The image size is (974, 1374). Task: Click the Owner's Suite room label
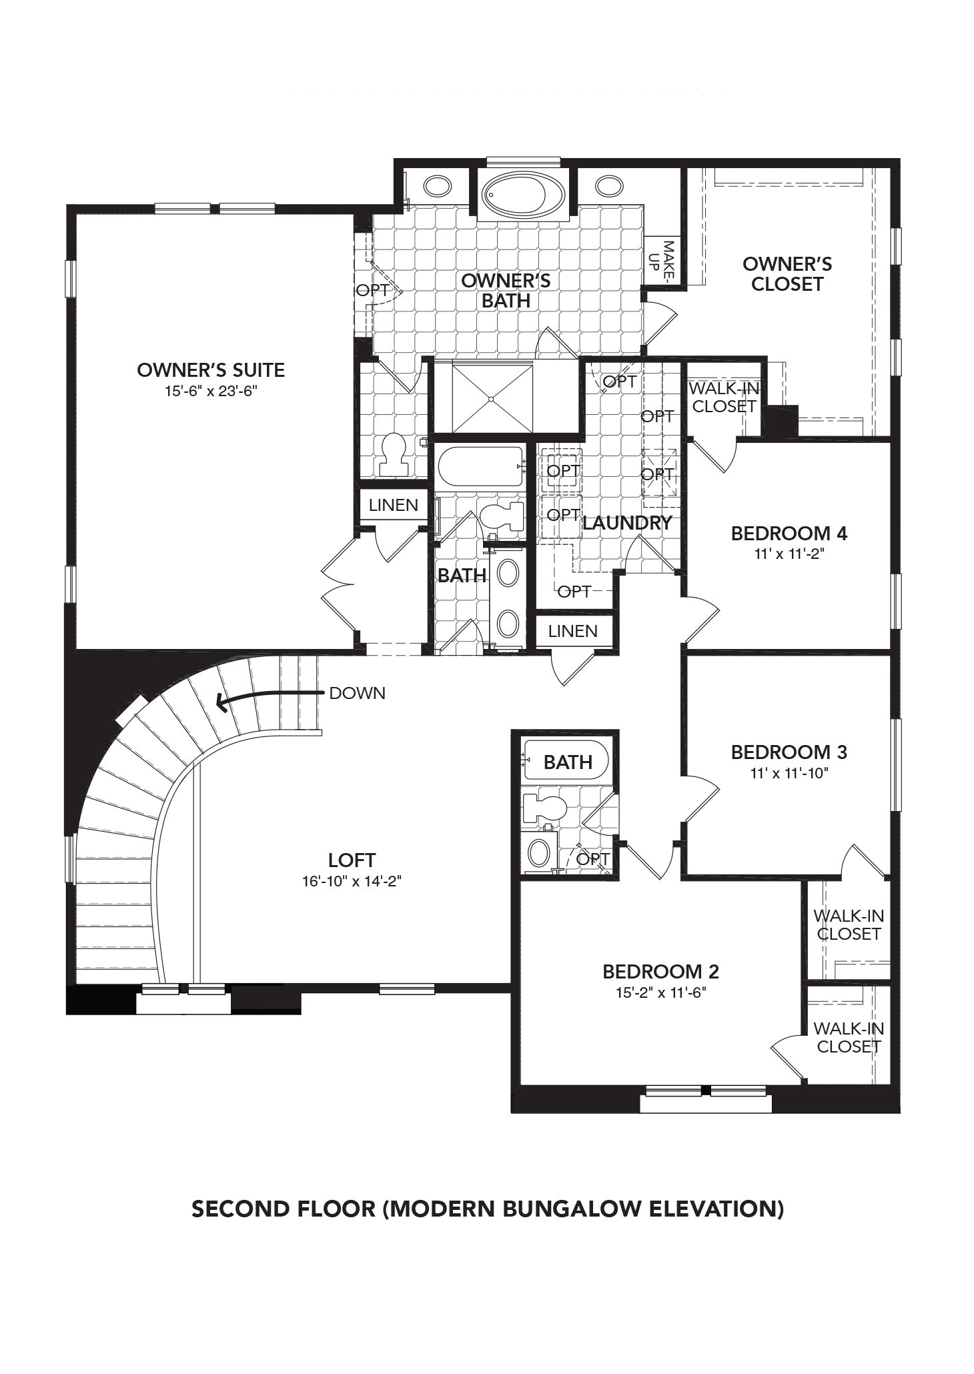[211, 370]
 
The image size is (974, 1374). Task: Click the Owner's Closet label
[787, 274]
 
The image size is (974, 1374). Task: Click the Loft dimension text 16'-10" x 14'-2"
[352, 881]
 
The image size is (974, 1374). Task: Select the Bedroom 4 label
[789, 534]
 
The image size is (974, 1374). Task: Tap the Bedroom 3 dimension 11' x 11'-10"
[789, 774]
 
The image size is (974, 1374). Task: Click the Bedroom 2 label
[660, 972]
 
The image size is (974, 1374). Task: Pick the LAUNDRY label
[626, 523]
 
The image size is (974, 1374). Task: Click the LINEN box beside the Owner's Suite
[393, 506]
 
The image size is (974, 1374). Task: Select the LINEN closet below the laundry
[572, 631]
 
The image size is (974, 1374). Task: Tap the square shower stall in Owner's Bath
[492, 399]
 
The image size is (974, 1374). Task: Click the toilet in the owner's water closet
[392, 454]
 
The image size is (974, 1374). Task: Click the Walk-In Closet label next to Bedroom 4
[723, 397]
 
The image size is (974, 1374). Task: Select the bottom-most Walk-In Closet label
[848, 1038]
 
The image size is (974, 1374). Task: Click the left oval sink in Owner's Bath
[437, 186]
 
